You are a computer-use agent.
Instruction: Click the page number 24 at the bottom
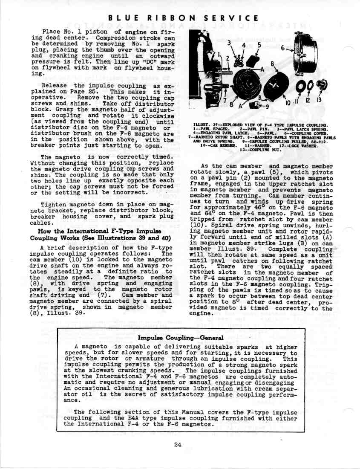[x=178, y=445]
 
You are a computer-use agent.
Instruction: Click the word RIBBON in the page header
[x=164, y=18]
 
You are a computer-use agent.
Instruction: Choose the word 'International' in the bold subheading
[x=72, y=232]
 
